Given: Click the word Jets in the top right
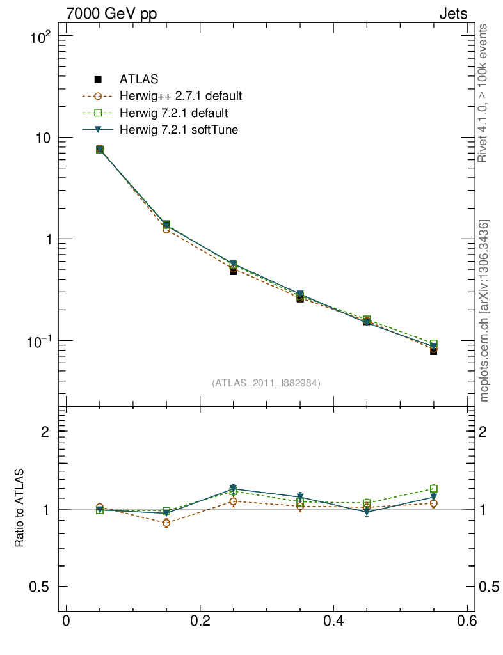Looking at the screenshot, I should tap(452, 13).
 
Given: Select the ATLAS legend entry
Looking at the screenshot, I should tap(139, 79).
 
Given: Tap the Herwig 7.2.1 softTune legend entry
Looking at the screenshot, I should tap(179, 130).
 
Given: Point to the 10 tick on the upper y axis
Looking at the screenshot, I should tap(45, 138).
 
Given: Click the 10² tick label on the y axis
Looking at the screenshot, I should tap(41, 36).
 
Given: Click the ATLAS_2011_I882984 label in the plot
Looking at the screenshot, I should tap(266, 383).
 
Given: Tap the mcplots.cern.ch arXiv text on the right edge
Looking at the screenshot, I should tap(484, 312).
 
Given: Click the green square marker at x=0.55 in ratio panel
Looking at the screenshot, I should tap(434, 489).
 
